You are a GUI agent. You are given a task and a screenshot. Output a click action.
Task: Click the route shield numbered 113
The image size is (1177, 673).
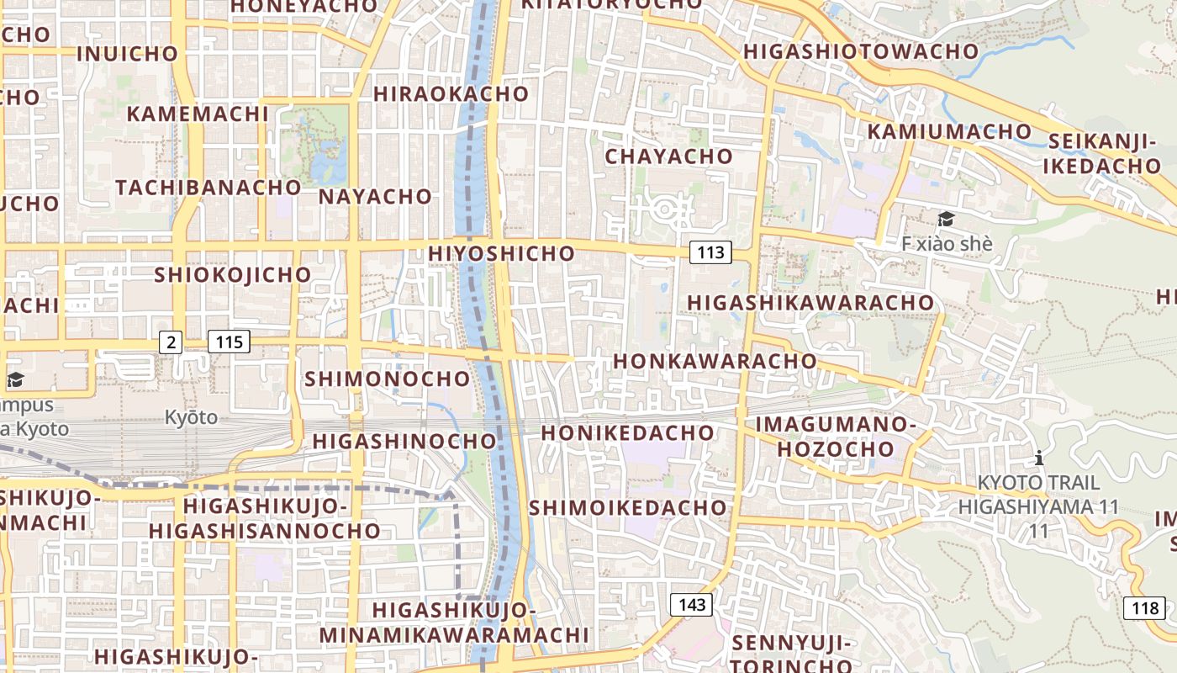[x=710, y=252]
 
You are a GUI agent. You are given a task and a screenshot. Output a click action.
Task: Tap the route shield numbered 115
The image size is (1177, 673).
[x=229, y=342]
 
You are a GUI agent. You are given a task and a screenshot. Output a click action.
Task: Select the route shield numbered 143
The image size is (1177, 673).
[x=691, y=604]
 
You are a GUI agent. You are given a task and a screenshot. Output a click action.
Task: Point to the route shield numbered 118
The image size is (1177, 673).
[x=1144, y=607]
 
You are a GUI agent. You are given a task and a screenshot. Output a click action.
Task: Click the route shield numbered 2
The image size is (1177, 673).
[x=172, y=342]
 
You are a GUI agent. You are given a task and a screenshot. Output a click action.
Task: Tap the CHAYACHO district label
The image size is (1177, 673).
[x=668, y=156]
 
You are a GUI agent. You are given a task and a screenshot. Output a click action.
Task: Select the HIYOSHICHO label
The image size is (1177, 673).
[x=501, y=253]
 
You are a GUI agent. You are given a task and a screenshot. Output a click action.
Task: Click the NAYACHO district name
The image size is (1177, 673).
[x=375, y=197]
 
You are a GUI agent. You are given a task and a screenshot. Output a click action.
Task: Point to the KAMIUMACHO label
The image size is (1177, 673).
[x=949, y=132]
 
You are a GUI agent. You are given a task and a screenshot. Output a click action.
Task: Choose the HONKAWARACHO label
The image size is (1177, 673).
[x=715, y=361]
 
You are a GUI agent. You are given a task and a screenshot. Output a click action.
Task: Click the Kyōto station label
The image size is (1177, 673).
[x=191, y=417]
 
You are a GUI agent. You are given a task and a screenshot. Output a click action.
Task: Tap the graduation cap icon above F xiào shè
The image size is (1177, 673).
[x=946, y=220]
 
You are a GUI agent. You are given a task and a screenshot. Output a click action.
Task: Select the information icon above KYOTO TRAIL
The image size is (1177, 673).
[x=1039, y=458]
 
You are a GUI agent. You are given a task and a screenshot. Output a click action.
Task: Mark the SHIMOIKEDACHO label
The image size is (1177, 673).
[x=627, y=507]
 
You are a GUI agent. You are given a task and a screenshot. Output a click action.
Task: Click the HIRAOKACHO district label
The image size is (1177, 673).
[x=451, y=94]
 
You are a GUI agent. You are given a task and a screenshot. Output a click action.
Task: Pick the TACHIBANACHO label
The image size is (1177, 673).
[x=208, y=187]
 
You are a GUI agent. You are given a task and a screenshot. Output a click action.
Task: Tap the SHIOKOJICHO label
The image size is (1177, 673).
[x=232, y=275]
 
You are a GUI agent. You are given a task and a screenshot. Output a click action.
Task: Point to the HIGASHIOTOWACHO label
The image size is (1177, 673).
[x=861, y=51]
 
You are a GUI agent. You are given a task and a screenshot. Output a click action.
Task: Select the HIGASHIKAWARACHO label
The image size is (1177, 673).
[x=810, y=302]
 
